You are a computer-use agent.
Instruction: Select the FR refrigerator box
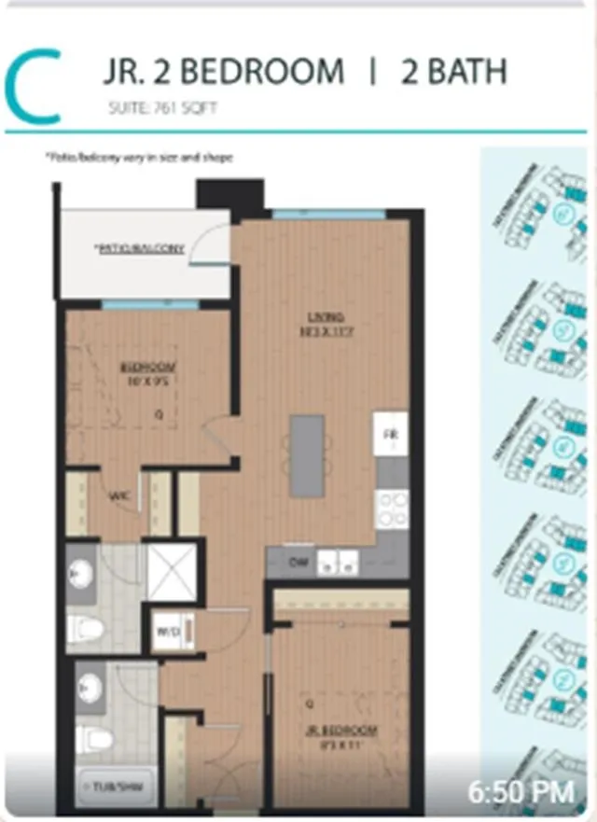390,436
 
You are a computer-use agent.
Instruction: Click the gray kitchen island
307,455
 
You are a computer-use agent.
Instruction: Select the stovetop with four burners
391,508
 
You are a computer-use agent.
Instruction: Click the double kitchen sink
337,562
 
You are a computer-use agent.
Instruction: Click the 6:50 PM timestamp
521,792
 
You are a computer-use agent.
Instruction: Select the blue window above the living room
328,214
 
